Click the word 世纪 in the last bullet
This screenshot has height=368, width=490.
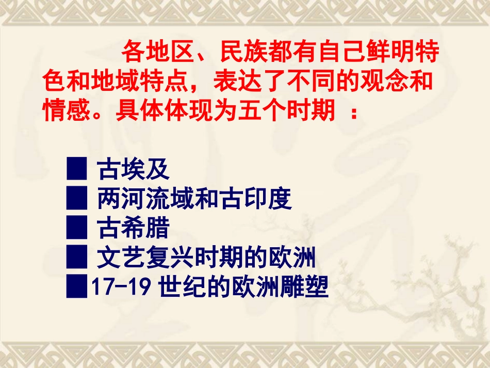pos(178,287)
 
